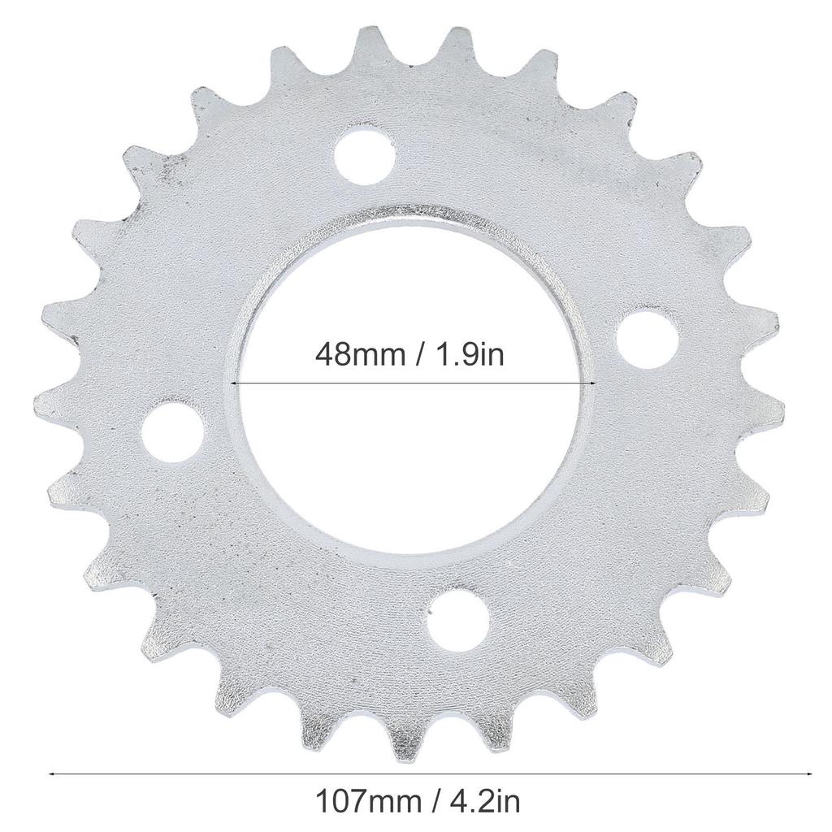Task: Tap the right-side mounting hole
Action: [648, 340]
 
